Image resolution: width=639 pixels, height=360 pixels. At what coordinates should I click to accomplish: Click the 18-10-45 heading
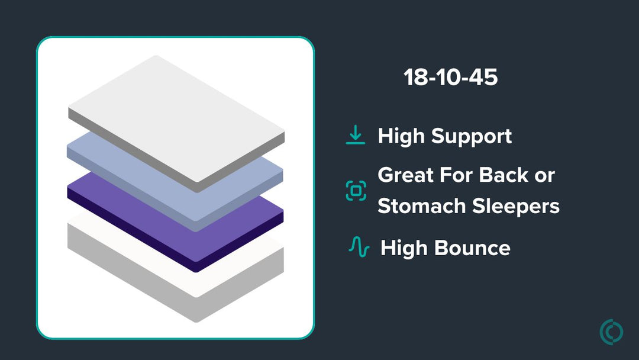click(x=451, y=77)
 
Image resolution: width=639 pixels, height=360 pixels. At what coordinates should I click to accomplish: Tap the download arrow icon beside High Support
click(x=356, y=135)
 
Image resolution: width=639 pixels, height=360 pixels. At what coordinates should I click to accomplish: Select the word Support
click(x=472, y=137)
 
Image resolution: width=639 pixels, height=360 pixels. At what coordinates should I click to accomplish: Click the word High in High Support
click(x=401, y=137)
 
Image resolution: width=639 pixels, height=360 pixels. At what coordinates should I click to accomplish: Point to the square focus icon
click(x=356, y=191)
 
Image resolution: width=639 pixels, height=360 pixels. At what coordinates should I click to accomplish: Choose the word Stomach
click(x=422, y=205)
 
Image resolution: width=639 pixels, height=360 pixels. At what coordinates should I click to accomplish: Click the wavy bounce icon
click(x=359, y=247)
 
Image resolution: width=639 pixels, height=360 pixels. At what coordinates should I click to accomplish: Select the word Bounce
click(x=472, y=248)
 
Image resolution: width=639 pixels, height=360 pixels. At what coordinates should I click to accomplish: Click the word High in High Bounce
click(x=404, y=249)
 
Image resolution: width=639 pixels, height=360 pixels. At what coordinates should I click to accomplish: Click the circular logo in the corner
click(x=611, y=332)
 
